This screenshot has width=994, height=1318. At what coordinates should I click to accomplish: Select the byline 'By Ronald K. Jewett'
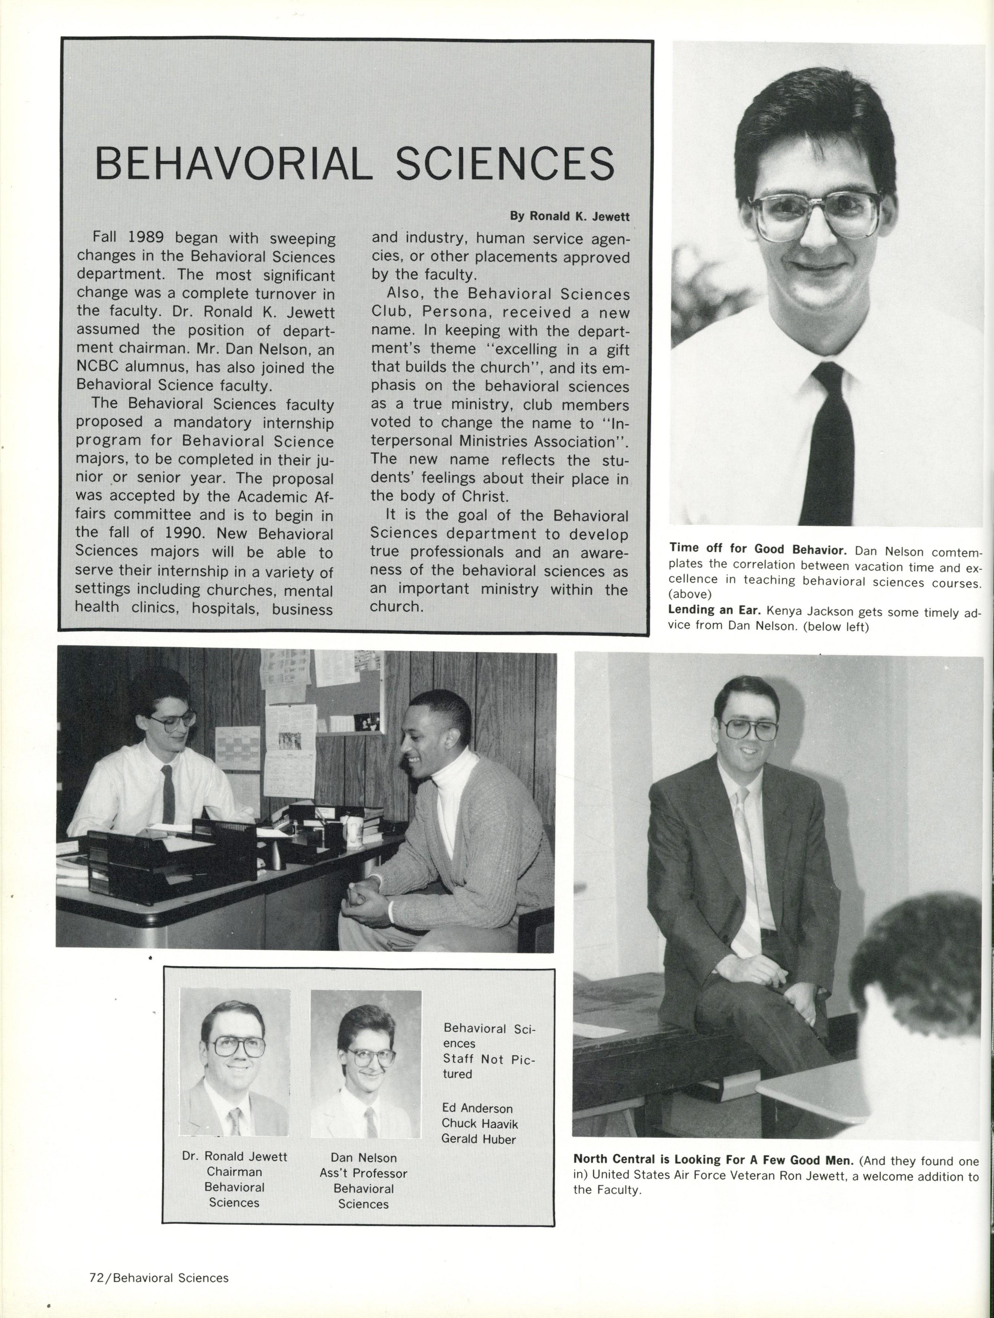tap(569, 217)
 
